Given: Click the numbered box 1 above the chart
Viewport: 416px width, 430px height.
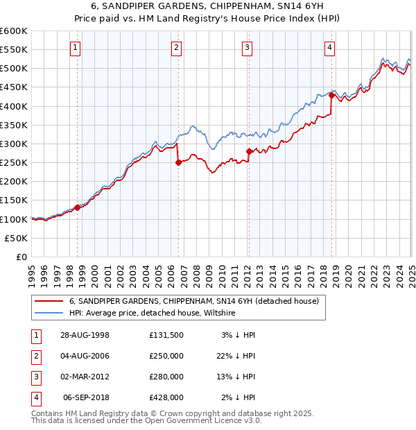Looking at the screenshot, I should click(75, 48).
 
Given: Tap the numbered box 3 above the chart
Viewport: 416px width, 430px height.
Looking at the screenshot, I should click(248, 48).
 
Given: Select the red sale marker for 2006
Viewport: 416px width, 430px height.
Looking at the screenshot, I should click(178, 163).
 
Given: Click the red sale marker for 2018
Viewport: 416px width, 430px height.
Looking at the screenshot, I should click(331, 96).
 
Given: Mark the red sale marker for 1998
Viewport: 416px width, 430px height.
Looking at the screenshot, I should click(77, 207).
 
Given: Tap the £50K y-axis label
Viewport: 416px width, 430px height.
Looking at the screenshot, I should click(16, 238).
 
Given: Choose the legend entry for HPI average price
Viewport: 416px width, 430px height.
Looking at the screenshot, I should click(153, 313).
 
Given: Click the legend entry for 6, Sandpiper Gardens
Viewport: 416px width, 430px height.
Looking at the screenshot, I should click(193, 301).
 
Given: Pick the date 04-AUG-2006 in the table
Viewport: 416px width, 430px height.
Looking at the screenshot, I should click(85, 356).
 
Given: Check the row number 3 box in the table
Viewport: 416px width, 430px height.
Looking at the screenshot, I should click(34, 377).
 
